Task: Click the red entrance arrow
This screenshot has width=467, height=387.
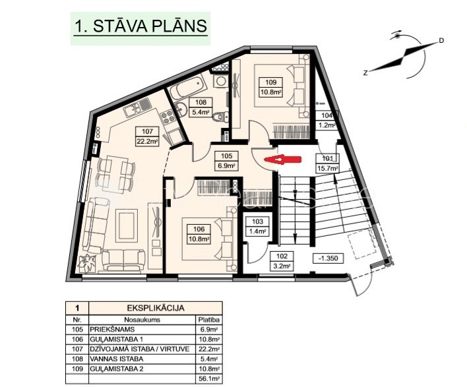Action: (x=283, y=160)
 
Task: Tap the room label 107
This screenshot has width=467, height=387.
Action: (x=147, y=131)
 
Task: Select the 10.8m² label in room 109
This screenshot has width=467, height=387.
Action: (x=271, y=92)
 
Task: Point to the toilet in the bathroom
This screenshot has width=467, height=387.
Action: (x=221, y=117)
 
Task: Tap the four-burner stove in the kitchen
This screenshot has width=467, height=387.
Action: (x=168, y=117)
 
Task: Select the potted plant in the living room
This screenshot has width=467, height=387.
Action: (x=87, y=263)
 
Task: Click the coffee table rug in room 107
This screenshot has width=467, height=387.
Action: (x=127, y=225)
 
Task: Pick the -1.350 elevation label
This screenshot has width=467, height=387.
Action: (x=328, y=258)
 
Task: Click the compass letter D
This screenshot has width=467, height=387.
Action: (x=441, y=41)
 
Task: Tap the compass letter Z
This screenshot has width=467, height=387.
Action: (x=365, y=73)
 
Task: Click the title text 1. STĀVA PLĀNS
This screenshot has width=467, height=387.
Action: (x=140, y=26)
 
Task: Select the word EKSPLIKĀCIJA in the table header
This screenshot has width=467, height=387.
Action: (x=155, y=308)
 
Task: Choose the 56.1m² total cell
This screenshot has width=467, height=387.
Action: (x=209, y=378)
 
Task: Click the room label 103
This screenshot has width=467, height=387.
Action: (x=257, y=222)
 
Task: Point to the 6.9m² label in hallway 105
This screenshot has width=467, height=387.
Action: (x=226, y=165)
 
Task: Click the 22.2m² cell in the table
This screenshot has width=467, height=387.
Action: (x=209, y=349)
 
